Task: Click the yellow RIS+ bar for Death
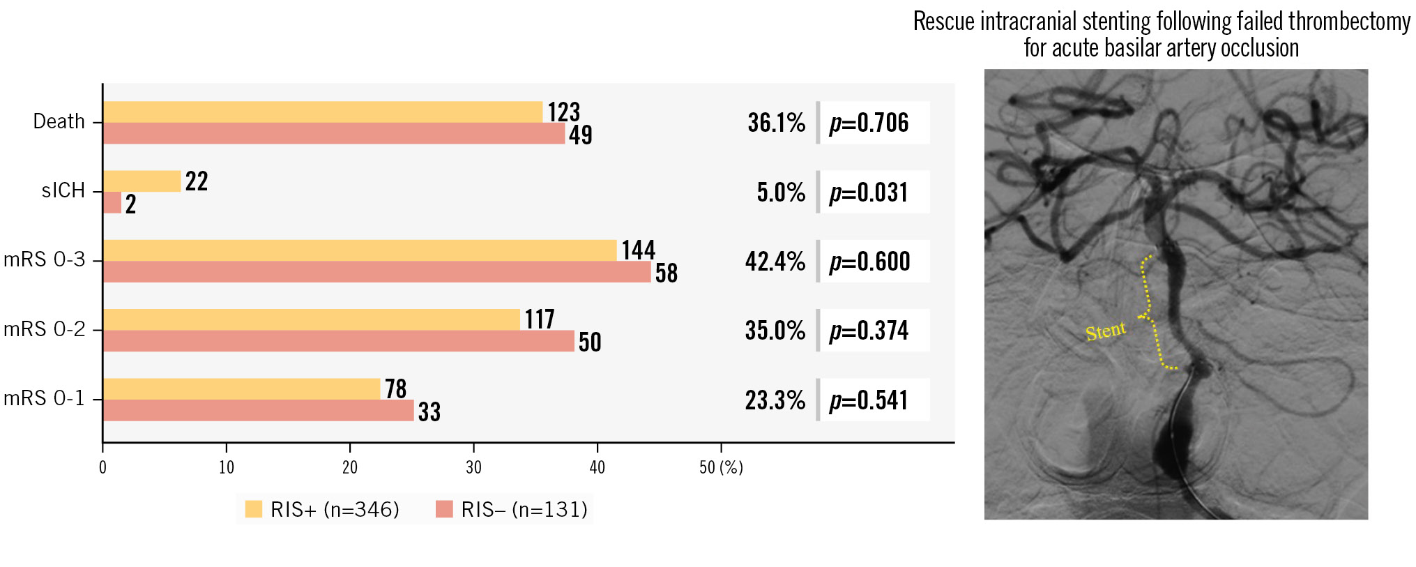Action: point(322,112)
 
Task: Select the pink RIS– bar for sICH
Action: point(112,203)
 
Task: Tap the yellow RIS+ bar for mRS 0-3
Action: point(360,250)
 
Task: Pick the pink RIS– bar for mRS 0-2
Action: point(338,341)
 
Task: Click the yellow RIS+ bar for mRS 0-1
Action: point(241,389)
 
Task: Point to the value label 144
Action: point(638,250)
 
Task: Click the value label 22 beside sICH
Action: point(197,181)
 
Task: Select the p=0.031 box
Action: point(873,192)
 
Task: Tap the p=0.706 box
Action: point(873,123)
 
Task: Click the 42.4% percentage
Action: point(775,262)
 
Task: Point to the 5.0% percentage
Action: point(781,192)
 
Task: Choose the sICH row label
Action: point(63,190)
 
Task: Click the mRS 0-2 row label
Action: point(45,328)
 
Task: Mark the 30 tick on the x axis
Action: point(473,467)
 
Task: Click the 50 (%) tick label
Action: point(721,467)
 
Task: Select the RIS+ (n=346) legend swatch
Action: point(254,509)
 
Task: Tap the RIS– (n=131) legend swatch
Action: point(444,509)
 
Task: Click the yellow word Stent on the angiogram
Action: point(1105,331)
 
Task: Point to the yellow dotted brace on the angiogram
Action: point(1150,314)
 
